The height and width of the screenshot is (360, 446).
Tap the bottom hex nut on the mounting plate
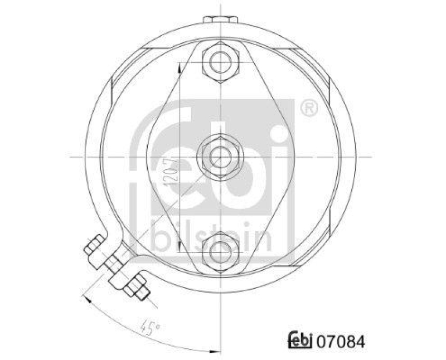[221, 253]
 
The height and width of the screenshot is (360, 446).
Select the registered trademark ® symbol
[310, 108]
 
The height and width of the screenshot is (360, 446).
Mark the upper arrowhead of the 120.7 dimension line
[178, 66]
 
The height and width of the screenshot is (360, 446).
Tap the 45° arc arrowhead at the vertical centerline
[216, 351]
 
